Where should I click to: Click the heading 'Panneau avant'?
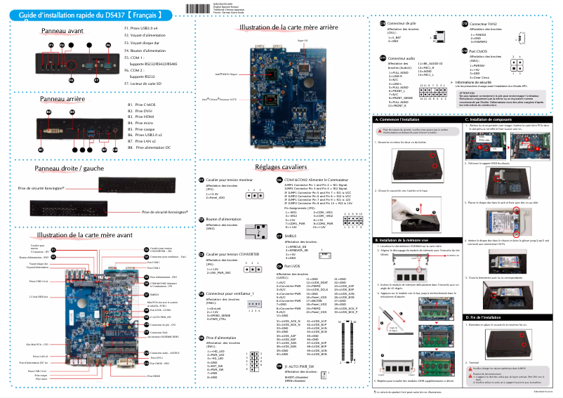[62, 32]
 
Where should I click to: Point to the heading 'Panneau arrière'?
[62, 100]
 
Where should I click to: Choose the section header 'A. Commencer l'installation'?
[401, 119]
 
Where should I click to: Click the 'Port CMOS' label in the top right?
[481, 51]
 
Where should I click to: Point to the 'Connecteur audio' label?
[401, 58]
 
